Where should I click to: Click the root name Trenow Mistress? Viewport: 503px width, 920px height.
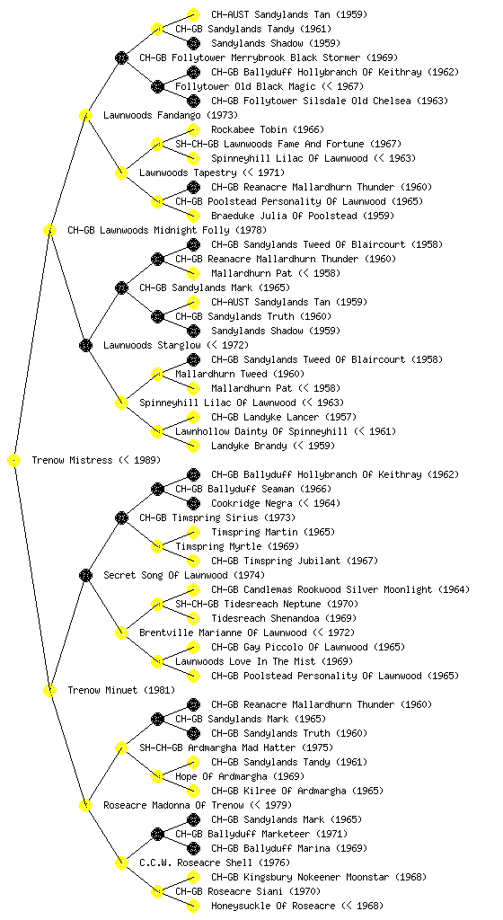click(72, 461)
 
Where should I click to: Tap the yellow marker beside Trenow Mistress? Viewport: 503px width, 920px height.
click(14, 461)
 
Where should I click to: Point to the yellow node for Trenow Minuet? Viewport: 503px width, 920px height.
click(49, 691)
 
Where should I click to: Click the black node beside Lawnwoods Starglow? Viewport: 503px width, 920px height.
click(85, 346)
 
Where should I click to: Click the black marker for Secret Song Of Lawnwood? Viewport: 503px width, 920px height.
click(85, 576)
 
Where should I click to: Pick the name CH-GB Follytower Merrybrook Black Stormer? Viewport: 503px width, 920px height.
click(250, 58)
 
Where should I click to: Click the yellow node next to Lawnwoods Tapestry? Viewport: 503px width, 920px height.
click(121, 173)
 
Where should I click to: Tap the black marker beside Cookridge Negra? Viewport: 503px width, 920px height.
click(193, 503)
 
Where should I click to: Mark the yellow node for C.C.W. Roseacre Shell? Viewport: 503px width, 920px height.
click(121, 863)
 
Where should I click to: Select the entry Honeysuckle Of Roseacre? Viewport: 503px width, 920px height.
click(273, 907)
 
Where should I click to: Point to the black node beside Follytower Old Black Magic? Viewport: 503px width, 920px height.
click(157, 87)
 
